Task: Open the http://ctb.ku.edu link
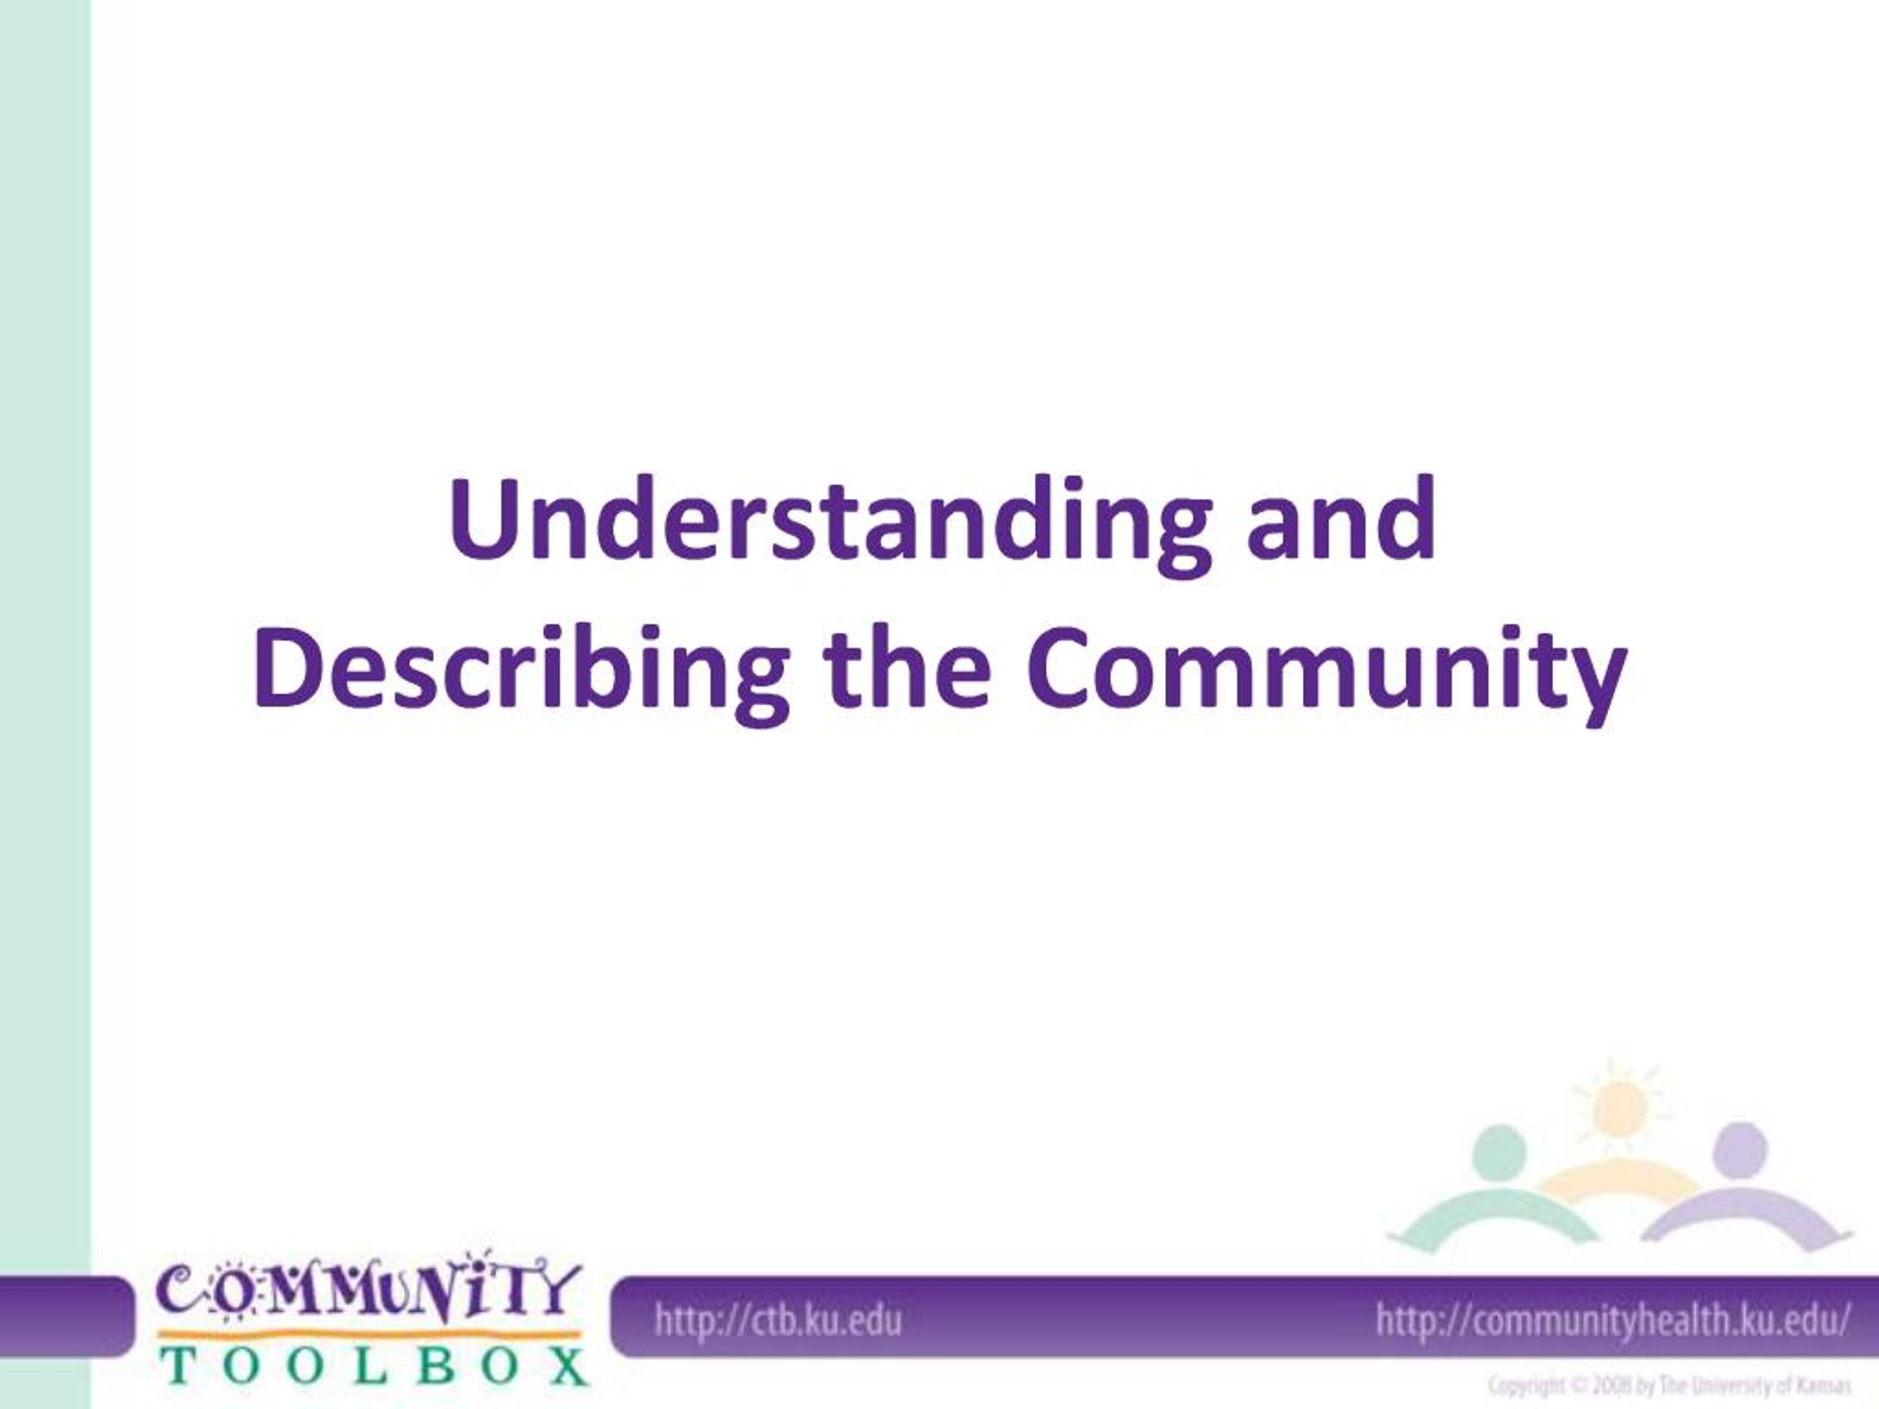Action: [777, 1322]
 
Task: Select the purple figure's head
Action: [1740, 1148]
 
